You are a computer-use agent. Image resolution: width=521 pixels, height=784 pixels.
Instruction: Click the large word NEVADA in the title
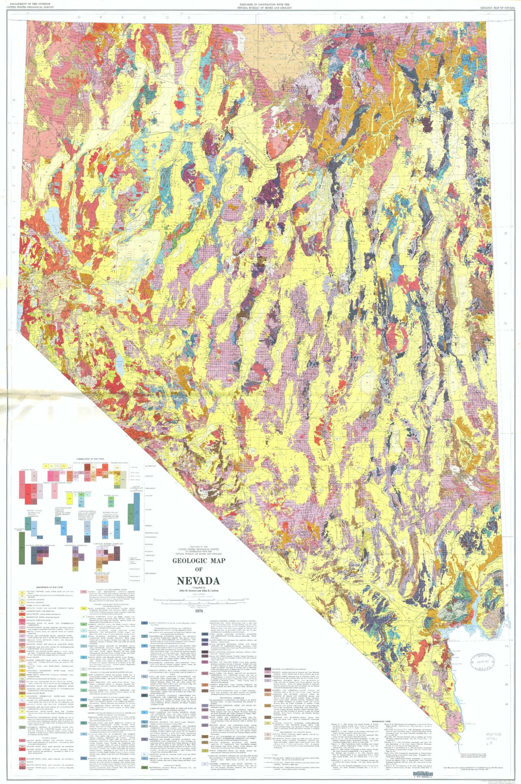tap(198, 581)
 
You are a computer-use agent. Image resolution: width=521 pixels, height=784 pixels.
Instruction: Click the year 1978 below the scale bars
tap(199, 611)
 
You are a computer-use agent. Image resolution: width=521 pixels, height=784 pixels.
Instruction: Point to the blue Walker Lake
tap(120, 367)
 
